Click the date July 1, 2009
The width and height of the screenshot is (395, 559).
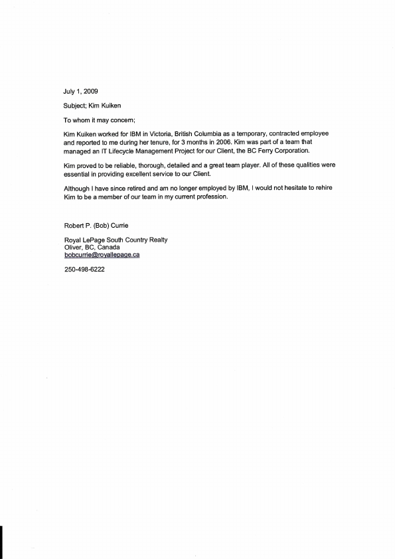coord(81,91)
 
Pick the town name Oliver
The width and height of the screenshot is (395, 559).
coord(72,248)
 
